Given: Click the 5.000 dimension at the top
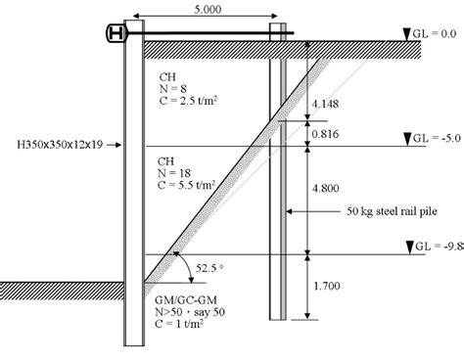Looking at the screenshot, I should (x=208, y=8).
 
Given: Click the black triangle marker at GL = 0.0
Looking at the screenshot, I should (x=394, y=33).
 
